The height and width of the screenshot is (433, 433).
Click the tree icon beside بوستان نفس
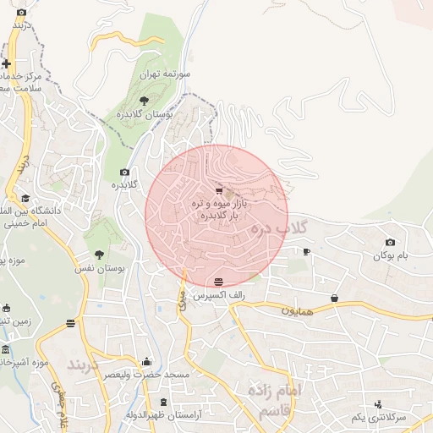[99, 254]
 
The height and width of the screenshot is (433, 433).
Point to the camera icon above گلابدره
[125, 172]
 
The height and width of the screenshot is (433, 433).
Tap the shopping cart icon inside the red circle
[219, 190]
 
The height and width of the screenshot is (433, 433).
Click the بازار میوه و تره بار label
[217, 210]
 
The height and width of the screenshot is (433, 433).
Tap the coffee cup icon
[306, 251]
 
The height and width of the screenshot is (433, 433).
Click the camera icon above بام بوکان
[390, 243]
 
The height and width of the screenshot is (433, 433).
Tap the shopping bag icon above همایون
[335, 298]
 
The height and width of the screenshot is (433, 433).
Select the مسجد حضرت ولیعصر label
[147, 373]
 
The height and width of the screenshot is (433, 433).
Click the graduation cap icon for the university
[25, 198]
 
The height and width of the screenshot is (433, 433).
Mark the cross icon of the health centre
[7, 63]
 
